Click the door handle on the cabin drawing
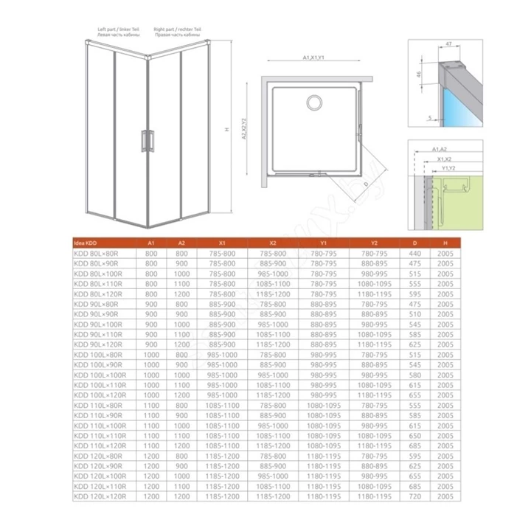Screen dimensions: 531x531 [x=147, y=141]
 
